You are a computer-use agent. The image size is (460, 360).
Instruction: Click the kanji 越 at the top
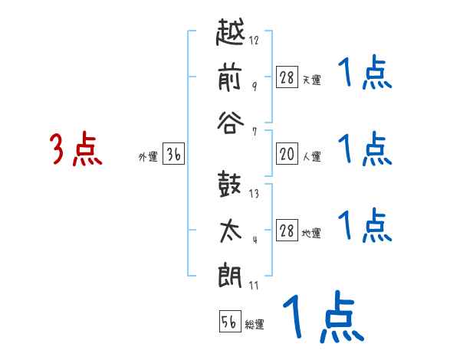point(230,34)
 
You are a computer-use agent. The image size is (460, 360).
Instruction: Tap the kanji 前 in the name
point(230,77)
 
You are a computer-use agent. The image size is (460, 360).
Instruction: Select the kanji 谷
point(230,123)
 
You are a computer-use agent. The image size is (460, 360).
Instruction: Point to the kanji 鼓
point(230,184)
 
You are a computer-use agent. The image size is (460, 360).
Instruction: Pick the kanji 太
point(230,230)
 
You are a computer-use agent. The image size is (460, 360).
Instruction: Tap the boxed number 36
point(173,155)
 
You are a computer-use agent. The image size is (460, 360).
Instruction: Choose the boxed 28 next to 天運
point(286,78)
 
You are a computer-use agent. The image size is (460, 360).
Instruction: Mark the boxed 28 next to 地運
point(286,231)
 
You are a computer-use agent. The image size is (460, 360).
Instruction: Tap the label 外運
point(147,158)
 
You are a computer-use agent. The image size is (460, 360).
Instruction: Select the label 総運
point(255,325)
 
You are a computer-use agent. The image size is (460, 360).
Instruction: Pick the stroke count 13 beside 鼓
point(254,194)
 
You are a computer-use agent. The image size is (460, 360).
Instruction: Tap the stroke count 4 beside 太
point(254,239)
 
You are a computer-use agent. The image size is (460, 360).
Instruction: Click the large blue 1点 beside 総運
point(322,318)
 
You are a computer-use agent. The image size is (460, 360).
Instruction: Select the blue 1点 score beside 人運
point(364,149)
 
